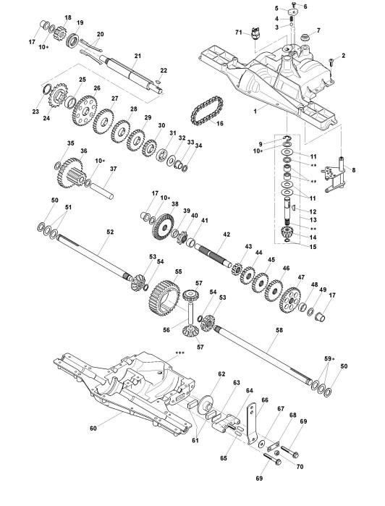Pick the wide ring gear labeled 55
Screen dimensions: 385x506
point(164,298)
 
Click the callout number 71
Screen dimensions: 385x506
point(239,33)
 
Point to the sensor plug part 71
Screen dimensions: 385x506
point(256,33)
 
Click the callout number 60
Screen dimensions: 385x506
point(93,429)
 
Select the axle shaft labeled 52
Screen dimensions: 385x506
point(93,258)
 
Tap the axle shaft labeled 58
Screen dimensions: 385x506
point(263,354)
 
